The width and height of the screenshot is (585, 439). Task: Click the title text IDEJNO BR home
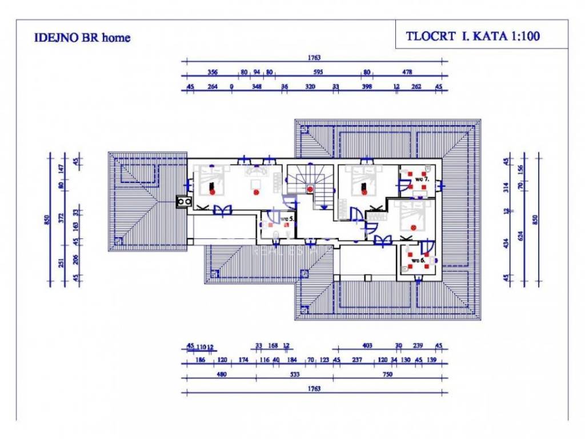pos(82,38)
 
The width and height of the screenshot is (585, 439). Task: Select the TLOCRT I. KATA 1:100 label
pos(473,35)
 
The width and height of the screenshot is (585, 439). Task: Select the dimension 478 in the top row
pos(407,72)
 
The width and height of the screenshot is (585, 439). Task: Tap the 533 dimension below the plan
pos(294,375)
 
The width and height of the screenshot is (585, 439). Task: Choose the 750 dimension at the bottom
pos(387,375)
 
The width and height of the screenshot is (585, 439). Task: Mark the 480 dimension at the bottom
pos(221,375)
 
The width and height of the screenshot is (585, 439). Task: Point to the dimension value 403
pos(367,345)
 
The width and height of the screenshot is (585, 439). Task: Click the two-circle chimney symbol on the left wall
pos(184,201)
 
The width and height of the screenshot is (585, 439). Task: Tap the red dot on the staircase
pos(310,189)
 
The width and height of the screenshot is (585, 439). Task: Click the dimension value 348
pos(257,87)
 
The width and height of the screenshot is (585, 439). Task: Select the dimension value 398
pos(367,87)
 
